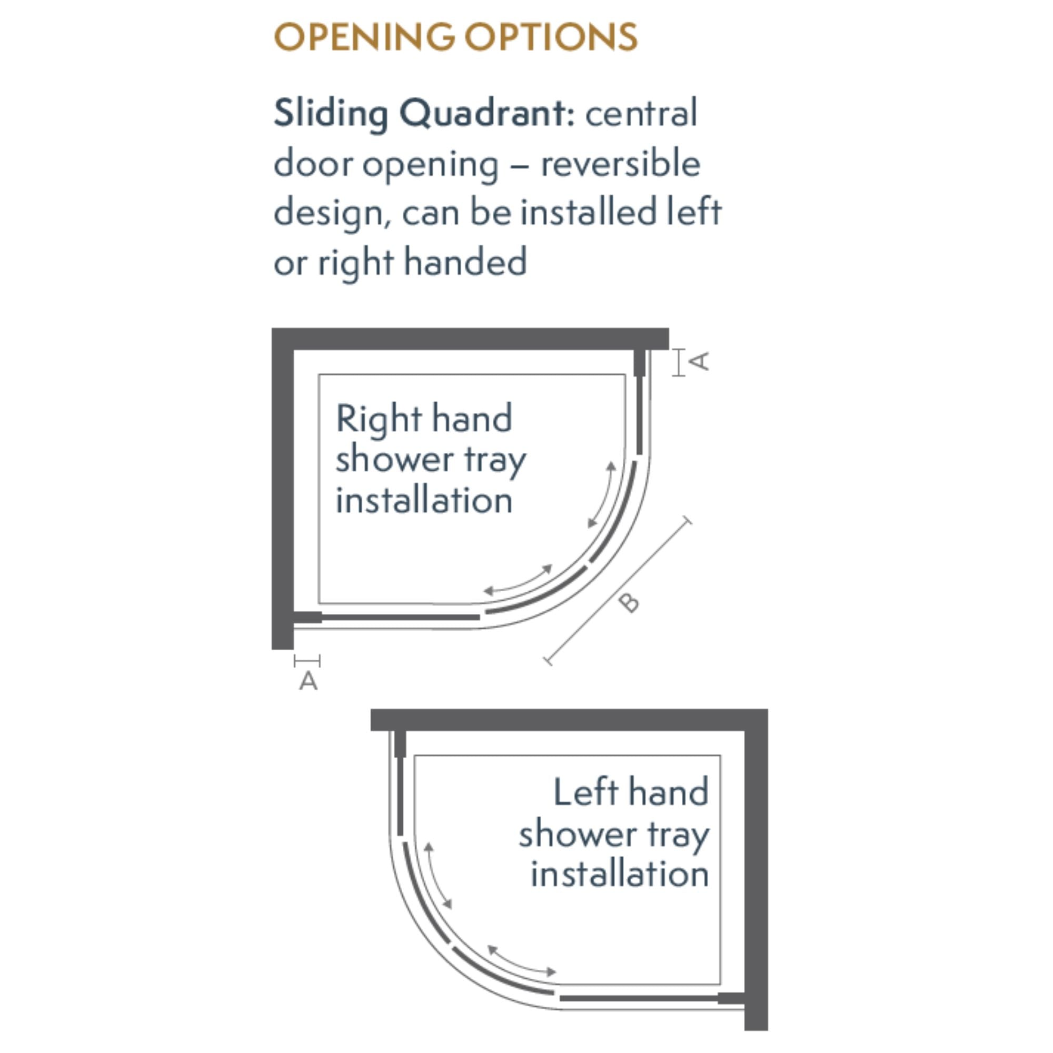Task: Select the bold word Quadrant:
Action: click(x=486, y=113)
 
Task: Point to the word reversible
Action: click(x=620, y=164)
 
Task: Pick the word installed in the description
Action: click(x=588, y=213)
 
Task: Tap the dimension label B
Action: click(x=629, y=603)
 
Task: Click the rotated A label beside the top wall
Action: click(x=700, y=361)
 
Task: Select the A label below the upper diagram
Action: click(x=309, y=681)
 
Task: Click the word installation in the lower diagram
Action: click(x=620, y=874)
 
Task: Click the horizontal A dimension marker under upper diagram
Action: click(x=307, y=661)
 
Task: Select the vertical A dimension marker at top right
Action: click(x=679, y=362)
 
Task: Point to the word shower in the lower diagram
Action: click(x=570, y=834)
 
